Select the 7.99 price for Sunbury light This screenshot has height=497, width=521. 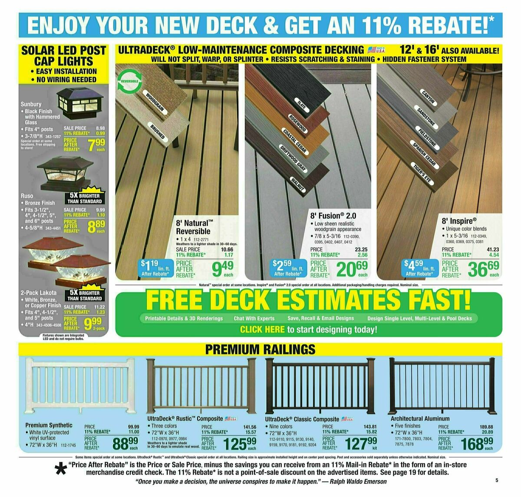tap(96, 145)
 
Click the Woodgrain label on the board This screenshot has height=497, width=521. tap(155, 102)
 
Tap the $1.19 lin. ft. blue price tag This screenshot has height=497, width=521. tap(155, 268)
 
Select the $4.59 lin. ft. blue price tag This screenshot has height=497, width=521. tap(419, 268)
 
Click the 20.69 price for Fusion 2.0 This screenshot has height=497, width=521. tap(352, 270)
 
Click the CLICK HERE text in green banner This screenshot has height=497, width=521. tap(262, 329)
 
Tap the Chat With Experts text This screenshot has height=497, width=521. tap(254, 318)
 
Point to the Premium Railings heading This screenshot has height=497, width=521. tap(260, 349)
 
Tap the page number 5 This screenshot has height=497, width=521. tap(496, 480)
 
